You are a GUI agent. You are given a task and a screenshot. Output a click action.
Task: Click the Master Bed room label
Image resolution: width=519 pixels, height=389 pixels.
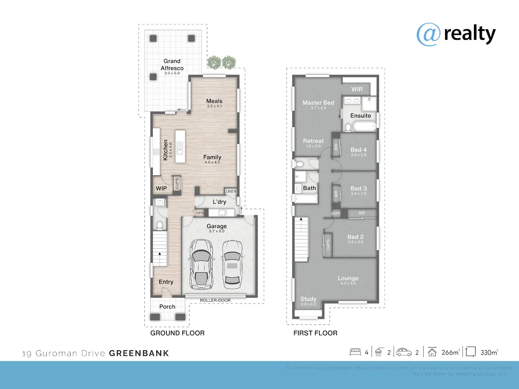[x=318, y=103]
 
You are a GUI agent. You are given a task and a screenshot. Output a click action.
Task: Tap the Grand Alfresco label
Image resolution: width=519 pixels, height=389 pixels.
[x=172, y=65]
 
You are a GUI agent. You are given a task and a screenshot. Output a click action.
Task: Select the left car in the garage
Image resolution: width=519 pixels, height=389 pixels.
[x=201, y=264]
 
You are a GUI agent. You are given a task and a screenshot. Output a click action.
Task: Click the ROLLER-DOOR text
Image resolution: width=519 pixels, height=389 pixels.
[x=215, y=300]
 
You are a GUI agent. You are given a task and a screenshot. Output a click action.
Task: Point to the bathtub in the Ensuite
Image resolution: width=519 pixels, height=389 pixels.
[x=364, y=126]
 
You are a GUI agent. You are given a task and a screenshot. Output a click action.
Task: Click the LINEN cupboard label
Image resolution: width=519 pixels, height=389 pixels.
[x=231, y=191]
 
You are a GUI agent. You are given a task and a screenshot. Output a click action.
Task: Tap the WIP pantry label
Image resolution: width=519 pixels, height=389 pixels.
[x=161, y=188]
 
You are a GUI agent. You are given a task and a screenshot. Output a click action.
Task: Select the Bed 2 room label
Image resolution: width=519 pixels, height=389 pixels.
[x=355, y=237]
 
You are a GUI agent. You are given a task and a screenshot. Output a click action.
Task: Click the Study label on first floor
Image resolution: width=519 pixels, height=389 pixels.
[x=308, y=299]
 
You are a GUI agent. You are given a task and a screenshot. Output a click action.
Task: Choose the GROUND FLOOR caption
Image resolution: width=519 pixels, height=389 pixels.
[x=177, y=333]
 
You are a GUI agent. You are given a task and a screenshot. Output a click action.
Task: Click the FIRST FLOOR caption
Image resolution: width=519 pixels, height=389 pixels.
[x=315, y=333]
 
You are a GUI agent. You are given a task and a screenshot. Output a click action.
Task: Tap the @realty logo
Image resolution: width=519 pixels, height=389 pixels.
[x=456, y=34]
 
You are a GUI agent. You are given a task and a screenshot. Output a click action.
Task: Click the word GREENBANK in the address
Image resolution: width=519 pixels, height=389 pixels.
[x=139, y=353]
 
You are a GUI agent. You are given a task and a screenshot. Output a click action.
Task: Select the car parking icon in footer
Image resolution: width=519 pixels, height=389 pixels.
[x=404, y=352]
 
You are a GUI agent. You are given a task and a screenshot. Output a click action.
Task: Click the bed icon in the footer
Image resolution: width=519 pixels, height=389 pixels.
[x=355, y=352]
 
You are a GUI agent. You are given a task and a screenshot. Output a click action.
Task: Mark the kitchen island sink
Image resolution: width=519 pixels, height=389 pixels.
[x=179, y=148]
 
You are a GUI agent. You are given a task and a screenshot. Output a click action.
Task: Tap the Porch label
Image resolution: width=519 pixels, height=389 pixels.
[x=167, y=307]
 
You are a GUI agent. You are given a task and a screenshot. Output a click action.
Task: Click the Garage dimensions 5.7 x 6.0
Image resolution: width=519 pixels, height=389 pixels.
[x=217, y=231]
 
